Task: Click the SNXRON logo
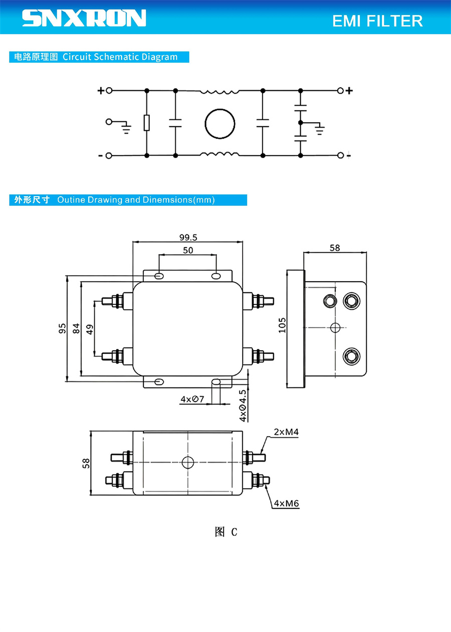point(84,18)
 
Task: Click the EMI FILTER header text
point(377,21)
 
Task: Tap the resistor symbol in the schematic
point(146,123)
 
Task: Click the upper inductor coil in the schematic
point(219,92)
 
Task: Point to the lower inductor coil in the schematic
point(219,154)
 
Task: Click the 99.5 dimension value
point(188,237)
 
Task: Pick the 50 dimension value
point(188,250)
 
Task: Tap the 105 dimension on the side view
point(282,325)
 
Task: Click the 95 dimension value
point(62,328)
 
